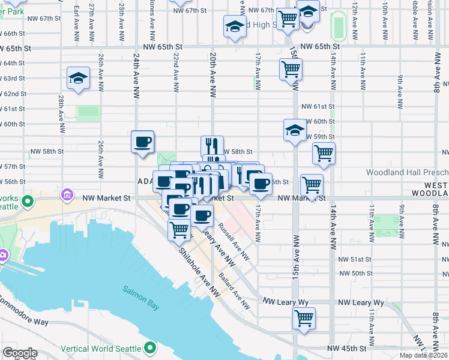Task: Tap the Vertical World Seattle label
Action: coord(108,348)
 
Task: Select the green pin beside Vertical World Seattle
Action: coord(149,348)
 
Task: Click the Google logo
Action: coord(20,353)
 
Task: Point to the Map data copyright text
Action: coord(424,355)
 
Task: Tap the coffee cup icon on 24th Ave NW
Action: coord(143,142)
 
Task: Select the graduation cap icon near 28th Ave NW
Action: coord(78,79)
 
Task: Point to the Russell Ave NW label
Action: coord(234,242)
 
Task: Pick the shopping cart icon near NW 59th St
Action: coord(324,154)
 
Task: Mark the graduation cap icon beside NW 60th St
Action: coord(295,130)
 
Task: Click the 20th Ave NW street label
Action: coord(212,74)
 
